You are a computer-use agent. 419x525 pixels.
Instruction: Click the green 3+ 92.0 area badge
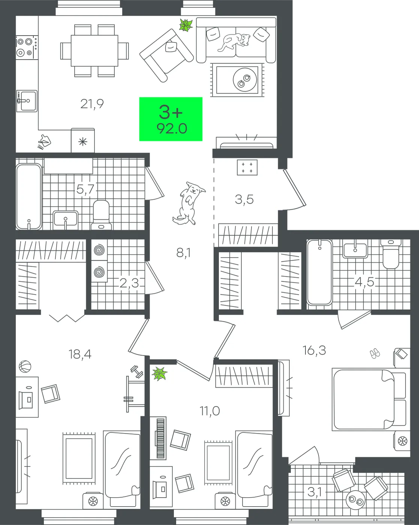[x=171, y=119]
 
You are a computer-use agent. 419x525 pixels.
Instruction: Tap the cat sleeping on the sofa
[x=234, y=42]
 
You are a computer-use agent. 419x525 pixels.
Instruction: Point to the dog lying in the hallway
[x=188, y=203]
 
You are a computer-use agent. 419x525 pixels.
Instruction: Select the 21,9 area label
[x=92, y=104]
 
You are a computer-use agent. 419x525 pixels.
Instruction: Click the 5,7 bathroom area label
[x=85, y=189]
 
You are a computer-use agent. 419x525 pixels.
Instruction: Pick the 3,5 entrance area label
[x=244, y=199]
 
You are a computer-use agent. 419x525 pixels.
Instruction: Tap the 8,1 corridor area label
[x=183, y=253]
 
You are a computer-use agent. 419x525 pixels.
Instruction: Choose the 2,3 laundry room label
[x=129, y=283]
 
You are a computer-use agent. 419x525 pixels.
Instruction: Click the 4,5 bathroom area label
[x=364, y=282]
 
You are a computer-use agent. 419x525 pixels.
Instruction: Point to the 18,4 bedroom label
[x=80, y=354]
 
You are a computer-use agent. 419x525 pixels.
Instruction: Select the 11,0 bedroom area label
[x=210, y=411]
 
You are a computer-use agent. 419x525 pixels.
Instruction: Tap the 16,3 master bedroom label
[x=314, y=351]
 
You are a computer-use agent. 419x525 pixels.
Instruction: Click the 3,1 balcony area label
[x=314, y=492]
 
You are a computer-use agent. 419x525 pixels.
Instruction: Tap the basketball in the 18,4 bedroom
[x=25, y=366]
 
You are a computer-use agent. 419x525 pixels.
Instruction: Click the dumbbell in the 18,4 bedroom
[x=137, y=372]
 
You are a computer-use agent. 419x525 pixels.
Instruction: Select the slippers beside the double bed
[x=375, y=354]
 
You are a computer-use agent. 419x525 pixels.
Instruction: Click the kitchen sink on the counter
[x=27, y=101]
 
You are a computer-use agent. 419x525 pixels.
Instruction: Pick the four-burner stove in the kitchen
[x=27, y=47]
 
